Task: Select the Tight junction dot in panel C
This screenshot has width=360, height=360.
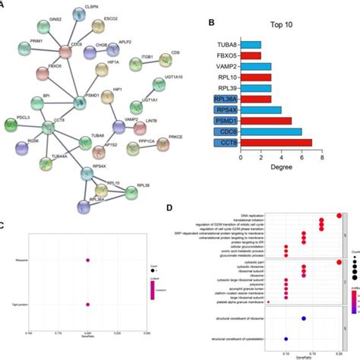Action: click(88, 305)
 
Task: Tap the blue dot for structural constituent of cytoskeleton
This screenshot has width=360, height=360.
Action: click(286, 337)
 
